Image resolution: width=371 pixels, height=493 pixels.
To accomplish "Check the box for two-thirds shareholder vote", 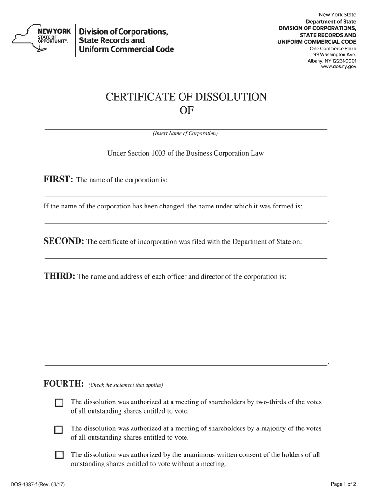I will tap(59, 402).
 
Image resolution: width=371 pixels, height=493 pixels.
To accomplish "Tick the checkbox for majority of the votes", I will tap(59, 429).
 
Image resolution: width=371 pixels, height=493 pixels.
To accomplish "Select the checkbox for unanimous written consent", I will tap(59, 455).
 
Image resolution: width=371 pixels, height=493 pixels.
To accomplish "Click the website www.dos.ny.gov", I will tap(338, 67).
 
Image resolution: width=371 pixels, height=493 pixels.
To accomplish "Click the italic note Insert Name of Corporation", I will tap(185, 133).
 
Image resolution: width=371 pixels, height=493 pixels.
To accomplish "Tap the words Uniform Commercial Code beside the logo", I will tap(127, 49).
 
